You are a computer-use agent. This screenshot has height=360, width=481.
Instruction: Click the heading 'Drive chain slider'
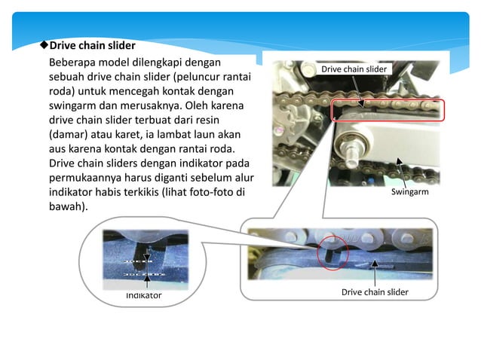pyautogui.click(x=92, y=45)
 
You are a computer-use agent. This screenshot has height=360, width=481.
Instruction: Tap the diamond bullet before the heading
pyautogui.click(x=44, y=45)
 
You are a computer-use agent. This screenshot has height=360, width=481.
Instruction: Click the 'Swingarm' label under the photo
pyautogui.click(x=410, y=192)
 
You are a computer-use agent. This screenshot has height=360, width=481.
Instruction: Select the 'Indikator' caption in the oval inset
pyautogui.click(x=143, y=295)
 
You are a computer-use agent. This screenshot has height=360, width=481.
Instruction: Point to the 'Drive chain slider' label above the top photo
pyautogui.click(x=354, y=69)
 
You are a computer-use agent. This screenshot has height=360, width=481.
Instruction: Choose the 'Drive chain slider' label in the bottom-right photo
pyautogui.click(x=375, y=291)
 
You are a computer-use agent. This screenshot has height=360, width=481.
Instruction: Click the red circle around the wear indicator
pyautogui.click(x=332, y=252)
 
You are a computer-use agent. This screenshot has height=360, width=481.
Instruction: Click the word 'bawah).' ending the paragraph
pyautogui.click(x=68, y=206)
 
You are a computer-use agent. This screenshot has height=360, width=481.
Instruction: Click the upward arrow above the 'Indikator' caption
pyautogui.click(x=146, y=282)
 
